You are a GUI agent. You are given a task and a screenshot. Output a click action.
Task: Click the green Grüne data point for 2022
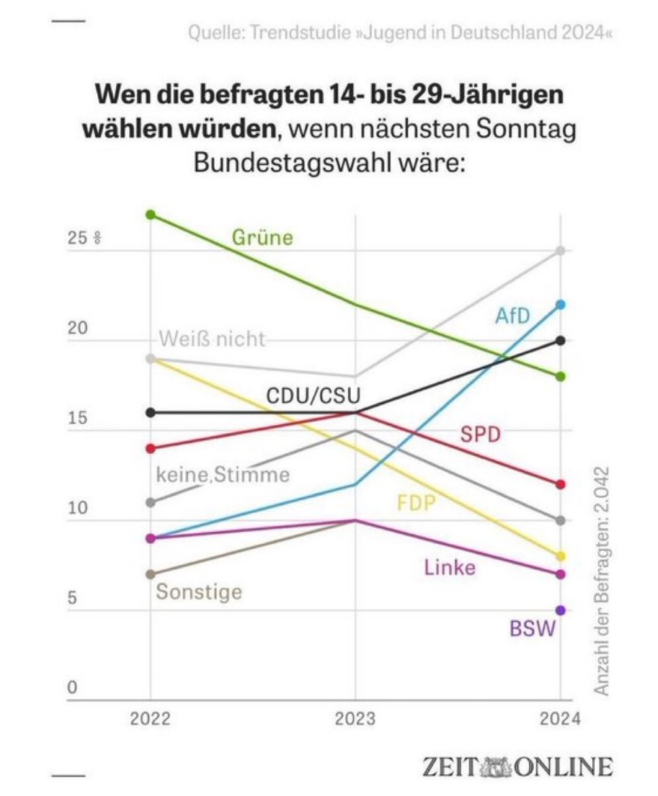[x=151, y=215]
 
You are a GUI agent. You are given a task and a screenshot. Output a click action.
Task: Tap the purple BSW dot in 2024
[x=560, y=610]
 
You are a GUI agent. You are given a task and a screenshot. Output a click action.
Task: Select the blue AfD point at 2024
[x=560, y=304]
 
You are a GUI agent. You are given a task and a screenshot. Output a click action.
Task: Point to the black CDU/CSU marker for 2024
[x=560, y=340]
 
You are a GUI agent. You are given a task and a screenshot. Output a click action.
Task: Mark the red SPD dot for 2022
[x=151, y=448]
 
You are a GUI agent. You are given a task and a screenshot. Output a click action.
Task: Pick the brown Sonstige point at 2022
[x=151, y=574]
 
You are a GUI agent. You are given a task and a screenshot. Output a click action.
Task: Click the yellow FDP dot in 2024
[x=560, y=556]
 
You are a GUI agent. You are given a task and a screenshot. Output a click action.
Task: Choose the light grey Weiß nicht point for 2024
[x=560, y=251]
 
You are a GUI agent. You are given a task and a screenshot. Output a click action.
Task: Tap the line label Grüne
[x=262, y=238]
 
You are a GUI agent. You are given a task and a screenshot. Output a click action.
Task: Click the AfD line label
[x=513, y=314]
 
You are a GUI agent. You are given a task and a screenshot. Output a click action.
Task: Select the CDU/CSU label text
[x=313, y=395]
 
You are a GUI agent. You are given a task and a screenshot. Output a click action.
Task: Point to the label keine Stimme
[x=222, y=475]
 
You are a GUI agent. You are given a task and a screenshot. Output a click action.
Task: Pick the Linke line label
[x=450, y=567]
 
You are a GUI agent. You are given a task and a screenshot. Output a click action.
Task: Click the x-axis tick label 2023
[x=356, y=719]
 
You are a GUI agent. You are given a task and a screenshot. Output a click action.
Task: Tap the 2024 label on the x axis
[x=561, y=719]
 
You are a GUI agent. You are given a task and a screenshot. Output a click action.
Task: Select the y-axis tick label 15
[x=78, y=418]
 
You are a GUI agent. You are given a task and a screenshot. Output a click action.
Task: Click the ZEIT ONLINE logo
[x=517, y=766]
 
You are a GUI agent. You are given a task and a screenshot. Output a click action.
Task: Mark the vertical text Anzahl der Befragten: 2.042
[x=602, y=581]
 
